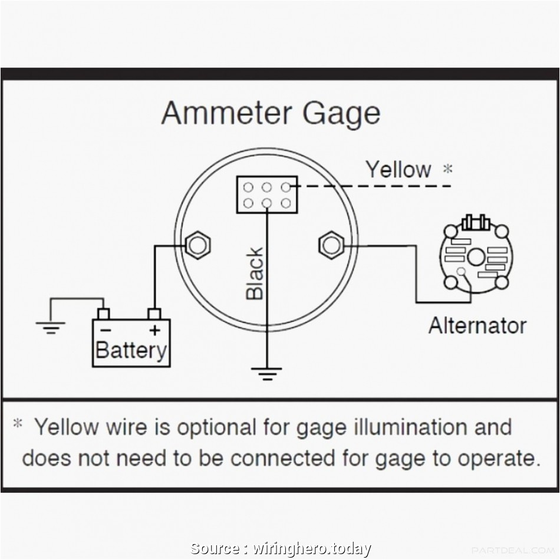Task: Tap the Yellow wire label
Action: coord(398,170)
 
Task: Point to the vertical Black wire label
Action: coord(255,274)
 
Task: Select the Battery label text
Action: coord(131,350)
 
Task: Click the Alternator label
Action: coord(477,325)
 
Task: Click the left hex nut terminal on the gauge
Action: coord(197,245)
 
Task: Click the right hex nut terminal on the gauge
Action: coord(331,245)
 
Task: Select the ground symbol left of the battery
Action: coord(50,325)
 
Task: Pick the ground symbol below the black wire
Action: coord(266,373)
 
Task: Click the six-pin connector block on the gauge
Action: coord(266,195)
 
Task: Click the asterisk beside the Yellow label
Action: coord(448,169)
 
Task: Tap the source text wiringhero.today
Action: coord(312,549)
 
